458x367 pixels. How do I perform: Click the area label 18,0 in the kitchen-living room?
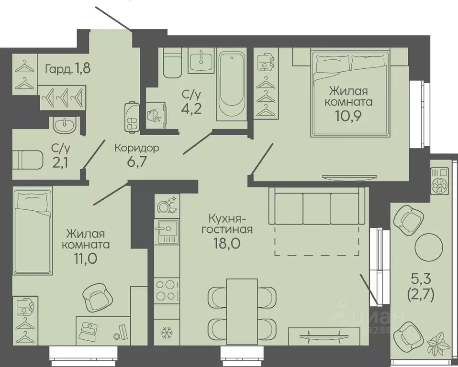[227, 243]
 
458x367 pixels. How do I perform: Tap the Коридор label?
[137, 148]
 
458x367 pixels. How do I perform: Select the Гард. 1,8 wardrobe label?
[67, 69]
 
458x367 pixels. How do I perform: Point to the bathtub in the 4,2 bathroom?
[232, 86]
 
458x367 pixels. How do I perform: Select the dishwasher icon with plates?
[167, 205]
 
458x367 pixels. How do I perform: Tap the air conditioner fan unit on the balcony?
[440, 181]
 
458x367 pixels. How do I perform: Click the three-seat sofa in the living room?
[317, 205]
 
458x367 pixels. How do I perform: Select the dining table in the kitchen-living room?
[242, 311]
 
